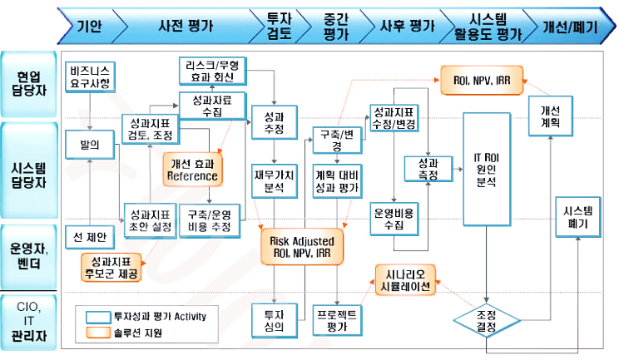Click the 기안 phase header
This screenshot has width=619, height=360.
pos(89,26)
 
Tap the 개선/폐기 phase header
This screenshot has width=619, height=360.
pos(571,26)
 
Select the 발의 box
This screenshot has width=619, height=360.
pos(89,145)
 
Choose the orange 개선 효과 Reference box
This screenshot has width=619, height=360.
pos(193,169)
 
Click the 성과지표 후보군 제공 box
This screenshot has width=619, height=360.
pos(111,267)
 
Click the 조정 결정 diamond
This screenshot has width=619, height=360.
pos(487,321)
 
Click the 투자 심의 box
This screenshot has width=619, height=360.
pos(274,320)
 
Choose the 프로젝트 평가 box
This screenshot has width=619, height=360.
pos(336,320)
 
